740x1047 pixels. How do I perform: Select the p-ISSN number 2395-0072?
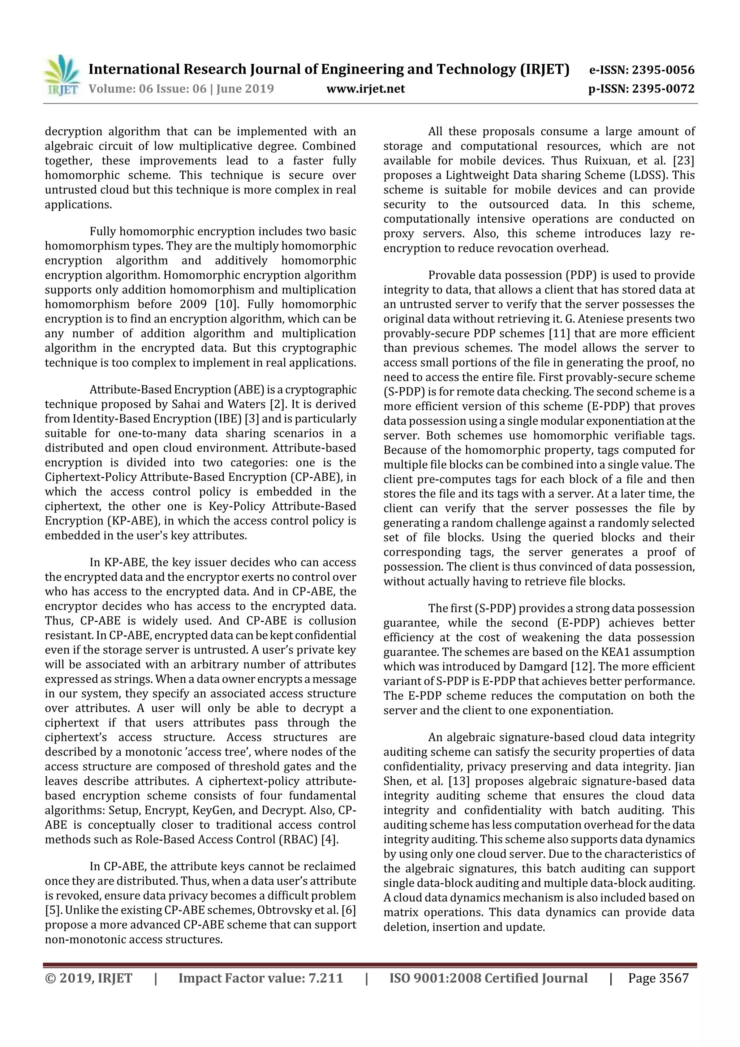point(663,89)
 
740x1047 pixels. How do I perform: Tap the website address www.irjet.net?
point(366,89)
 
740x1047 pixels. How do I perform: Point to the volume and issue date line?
point(181,89)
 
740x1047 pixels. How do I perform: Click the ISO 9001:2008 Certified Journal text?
point(488,978)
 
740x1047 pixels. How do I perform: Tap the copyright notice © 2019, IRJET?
point(89,978)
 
